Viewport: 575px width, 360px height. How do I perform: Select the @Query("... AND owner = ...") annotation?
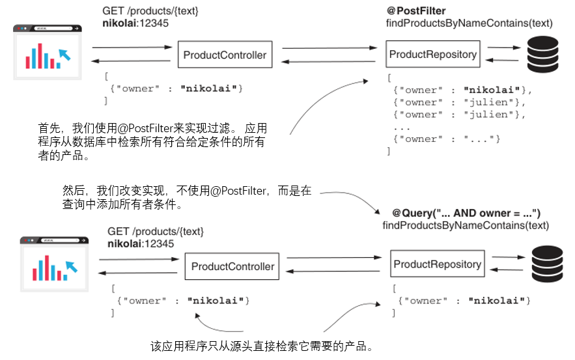point(466,214)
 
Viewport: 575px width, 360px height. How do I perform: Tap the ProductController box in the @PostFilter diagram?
point(225,55)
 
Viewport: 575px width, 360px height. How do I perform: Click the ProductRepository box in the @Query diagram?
point(437,264)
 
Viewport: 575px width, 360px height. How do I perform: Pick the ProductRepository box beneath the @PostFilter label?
point(432,55)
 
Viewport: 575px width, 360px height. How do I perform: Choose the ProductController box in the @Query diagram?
point(232,266)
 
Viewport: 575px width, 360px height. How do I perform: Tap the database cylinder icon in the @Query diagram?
point(549,264)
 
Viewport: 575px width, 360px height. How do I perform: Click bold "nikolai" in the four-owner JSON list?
point(492,90)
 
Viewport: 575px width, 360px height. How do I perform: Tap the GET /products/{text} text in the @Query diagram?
point(156,232)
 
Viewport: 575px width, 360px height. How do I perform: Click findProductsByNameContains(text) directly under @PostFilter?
point(469,23)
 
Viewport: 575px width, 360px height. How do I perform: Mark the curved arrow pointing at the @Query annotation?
point(352,199)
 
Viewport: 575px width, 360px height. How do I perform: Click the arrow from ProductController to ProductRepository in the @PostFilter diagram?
point(329,48)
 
